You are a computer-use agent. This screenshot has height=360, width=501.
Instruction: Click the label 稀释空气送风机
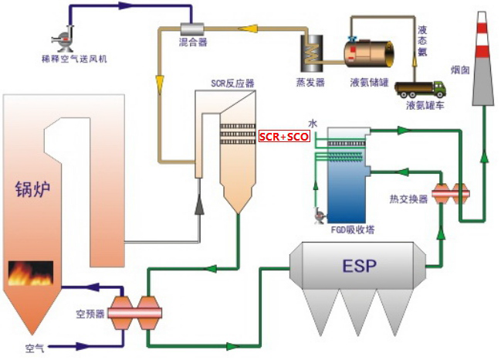[69, 58]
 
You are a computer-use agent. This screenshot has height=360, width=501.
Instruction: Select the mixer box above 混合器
[186, 29]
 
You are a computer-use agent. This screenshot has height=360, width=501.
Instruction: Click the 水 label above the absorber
[313, 123]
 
